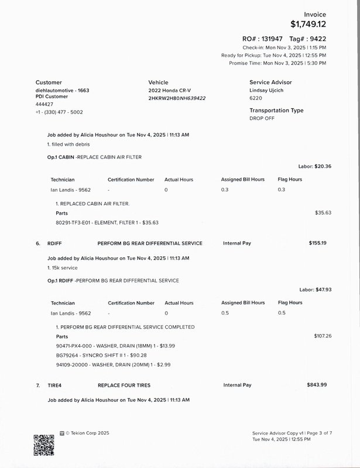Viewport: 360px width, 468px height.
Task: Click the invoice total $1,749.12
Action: [317, 25]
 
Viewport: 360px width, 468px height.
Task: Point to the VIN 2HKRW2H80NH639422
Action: [177, 98]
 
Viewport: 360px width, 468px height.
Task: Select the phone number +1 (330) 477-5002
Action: [59, 112]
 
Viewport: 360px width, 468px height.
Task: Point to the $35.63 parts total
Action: [323, 213]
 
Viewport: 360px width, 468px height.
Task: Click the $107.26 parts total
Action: [323, 336]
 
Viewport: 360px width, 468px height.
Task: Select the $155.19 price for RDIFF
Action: [317, 243]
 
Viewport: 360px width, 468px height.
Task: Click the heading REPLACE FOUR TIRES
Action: [124, 386]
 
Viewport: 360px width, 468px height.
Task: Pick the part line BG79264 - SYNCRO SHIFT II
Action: [101, 355]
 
